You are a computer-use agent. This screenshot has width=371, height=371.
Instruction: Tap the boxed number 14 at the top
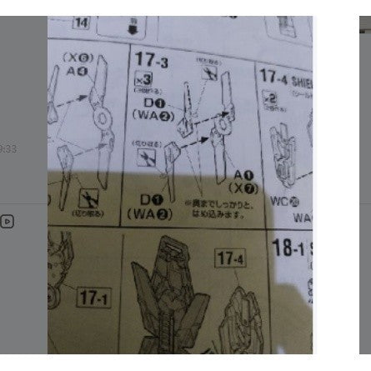(82, 23)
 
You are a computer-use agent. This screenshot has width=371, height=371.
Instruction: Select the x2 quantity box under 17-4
(269, 99)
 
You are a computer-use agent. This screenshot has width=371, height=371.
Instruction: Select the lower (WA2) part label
(148, 214)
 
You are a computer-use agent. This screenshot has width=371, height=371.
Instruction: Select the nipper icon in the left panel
(85, 197)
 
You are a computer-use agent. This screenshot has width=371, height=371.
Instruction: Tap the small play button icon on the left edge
(6, 222)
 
